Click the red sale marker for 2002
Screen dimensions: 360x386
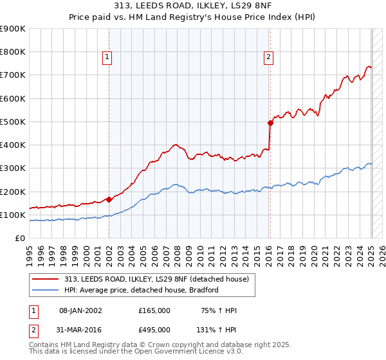point(109,199)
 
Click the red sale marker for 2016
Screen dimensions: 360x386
point(271,123)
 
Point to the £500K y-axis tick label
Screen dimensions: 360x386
point(13,122)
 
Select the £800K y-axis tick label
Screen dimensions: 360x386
point(13,52)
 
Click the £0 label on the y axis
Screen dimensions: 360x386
point(19,238)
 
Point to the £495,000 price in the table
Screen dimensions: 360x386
point(154,329)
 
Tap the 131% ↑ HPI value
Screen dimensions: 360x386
point(217,329)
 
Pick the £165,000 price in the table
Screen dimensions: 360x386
point(154,310)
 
